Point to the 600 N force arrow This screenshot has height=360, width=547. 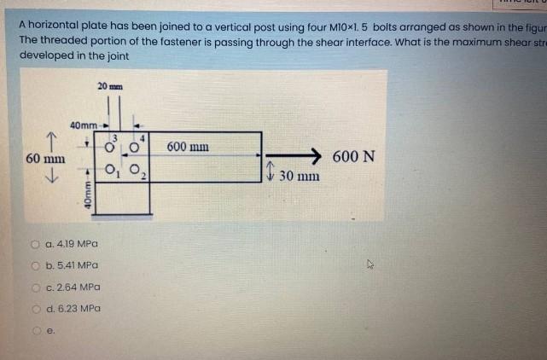coord(294,156)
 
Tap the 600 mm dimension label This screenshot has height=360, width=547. coord(189,147)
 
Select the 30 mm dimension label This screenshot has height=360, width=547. coord(300,176)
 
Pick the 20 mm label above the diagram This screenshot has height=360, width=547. coord(110,86)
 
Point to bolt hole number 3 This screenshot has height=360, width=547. coord(110,147)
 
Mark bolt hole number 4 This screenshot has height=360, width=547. coord(133,147)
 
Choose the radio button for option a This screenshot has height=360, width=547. coord(38,244)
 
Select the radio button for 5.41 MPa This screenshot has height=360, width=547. coord(38,265)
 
